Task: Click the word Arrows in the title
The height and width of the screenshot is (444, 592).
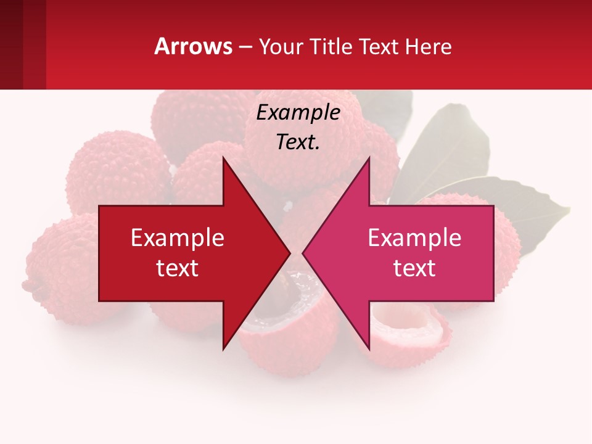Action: point(194,46)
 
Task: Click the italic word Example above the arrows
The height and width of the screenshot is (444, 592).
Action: point(298,112)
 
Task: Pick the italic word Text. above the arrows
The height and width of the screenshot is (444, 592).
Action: point(298,142)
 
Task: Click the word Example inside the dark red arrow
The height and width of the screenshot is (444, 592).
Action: point(178,238)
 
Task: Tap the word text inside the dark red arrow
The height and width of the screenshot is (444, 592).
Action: point(178,268)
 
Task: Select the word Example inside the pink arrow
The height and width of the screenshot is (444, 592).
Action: point(414,238)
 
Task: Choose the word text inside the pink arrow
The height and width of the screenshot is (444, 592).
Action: point(414,268)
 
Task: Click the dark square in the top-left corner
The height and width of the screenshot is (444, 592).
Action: point(11,44)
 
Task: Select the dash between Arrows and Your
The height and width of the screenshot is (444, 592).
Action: point(245,47)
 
